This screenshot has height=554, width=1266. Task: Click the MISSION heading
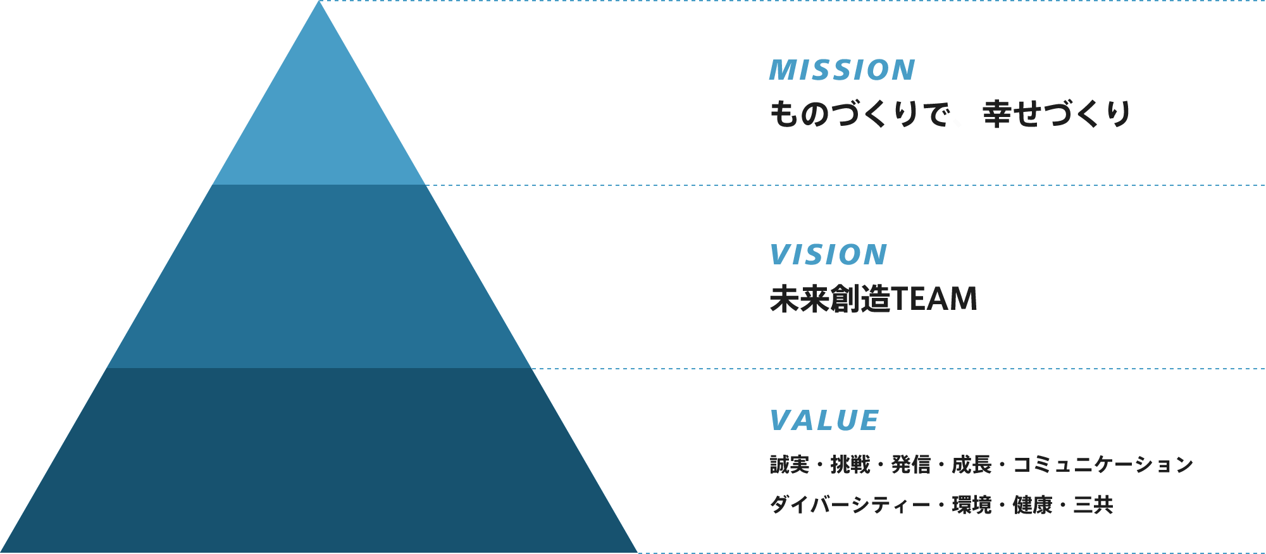click(842, 70)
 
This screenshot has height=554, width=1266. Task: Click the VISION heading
click(828, 255)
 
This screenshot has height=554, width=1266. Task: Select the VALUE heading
click(824, 421)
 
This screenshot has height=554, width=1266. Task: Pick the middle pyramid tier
click(319, 278)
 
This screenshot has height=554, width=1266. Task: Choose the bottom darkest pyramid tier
click(319, 462)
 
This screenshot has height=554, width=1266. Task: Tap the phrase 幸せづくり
click(1057, 114)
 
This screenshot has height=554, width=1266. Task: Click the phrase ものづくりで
click(859, 114)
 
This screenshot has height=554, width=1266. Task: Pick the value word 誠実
click(790, 465)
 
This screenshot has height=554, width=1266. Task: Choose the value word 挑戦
click(850, 465)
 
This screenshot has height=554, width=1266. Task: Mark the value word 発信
click(911, 465)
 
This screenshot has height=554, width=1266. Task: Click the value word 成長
click(971, 465)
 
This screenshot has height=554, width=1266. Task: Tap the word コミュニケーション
click(1103, 465)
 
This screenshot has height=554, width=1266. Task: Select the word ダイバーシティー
click(850, 505)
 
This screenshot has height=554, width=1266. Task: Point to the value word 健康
click(1032, 505)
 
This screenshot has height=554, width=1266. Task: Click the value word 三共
click(1093, 505)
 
